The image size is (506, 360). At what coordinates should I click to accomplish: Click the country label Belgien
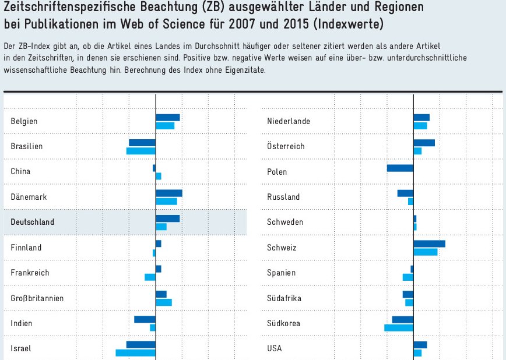tap(24, 121)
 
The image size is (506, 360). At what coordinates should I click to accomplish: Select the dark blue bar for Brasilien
tap(142, 143)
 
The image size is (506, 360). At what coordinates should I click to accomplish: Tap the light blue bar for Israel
tap(135, 352)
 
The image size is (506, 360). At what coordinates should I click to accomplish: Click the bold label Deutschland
tap(33, 222)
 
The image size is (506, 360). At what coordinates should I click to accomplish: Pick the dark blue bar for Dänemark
tap(169, 193)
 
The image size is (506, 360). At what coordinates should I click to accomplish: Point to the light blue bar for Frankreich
tap(150, 277)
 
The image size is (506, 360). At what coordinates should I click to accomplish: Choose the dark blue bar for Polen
tap(400, 168)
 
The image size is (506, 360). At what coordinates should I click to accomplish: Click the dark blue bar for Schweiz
tap(429, 243)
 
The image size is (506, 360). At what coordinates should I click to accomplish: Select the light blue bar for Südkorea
tap(399, 327)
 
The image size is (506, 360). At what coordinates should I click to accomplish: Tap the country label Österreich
tap(286, 146)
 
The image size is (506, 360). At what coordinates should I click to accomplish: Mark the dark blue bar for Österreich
tap(424, 143)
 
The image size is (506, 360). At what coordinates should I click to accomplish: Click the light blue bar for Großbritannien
tap(164, 302)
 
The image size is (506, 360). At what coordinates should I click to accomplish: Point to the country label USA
tap(275, 348)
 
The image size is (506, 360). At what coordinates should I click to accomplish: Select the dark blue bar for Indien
tap(145, 319)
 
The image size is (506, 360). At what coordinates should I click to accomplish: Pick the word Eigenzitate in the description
tap(247, 70)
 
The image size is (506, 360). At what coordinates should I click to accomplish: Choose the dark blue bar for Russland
tap(405, 193)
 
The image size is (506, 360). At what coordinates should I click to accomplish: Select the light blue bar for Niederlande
tap(420, 125)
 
